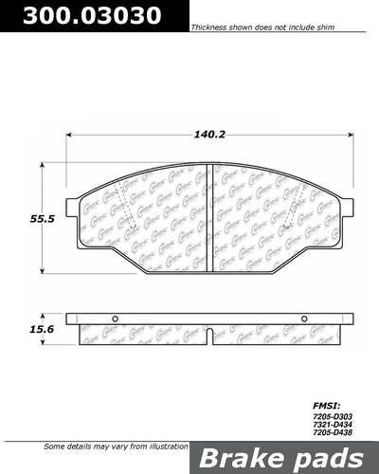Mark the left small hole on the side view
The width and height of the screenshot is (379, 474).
point(114,318)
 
